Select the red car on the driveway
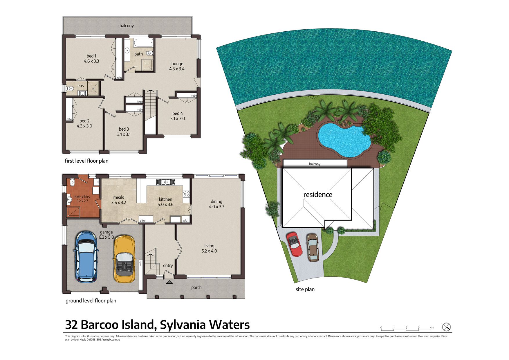coord(295,244)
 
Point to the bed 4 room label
coord(178,114)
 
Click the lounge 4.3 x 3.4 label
coord(177,66)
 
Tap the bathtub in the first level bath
coord(143,43)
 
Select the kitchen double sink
coord(165,182)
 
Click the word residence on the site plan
coord(318,195)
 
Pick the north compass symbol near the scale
coord(446,327)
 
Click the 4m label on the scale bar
coord(432,327)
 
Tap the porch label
coord(196,287)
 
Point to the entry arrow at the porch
coord(169,282)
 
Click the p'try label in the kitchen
coord(142,221)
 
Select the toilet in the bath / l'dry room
coord(72,182)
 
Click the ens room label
coord(81,86)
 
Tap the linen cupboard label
coord(140,102)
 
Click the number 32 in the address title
coord(71,325)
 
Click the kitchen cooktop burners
coord(186,194)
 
